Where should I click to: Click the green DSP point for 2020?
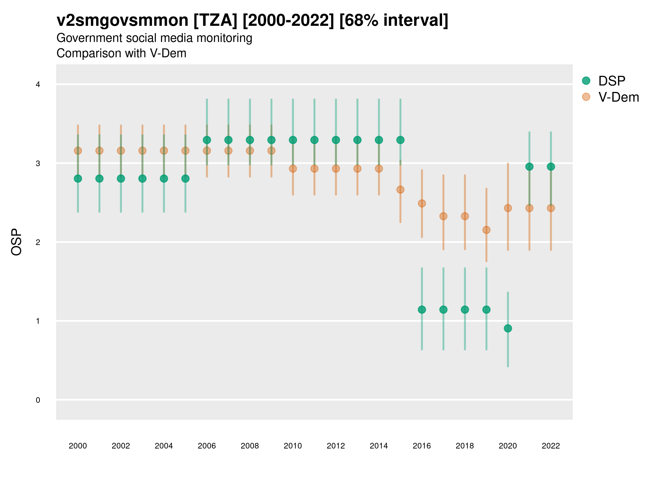click(x=508, y=329)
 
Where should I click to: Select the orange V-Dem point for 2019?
click(x=486, y=230)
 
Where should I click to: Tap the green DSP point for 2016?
click(x=422, y=309)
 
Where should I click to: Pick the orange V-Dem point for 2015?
click(x=400, y=190)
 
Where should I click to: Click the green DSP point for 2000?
click(x=78, y=179)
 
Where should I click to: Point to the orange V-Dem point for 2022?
click(x=551, y=208)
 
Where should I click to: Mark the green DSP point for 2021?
click(x=529, y=167)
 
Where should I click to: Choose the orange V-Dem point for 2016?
click(x=422, y=203)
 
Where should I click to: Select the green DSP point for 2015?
click(x=400, y=140)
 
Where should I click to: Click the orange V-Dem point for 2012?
click(x=336, y=169)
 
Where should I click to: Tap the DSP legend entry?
click(x=611, y=81)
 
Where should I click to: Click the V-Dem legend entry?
click(x=618, y=97)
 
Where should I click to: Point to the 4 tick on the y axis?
click(x=38, y=85)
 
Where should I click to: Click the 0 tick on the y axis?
click(x=38, y=400)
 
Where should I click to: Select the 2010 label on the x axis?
click(x=293, y=446)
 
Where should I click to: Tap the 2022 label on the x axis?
click(x=551, y=446)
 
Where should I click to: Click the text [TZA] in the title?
click(x=216, y=20)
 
